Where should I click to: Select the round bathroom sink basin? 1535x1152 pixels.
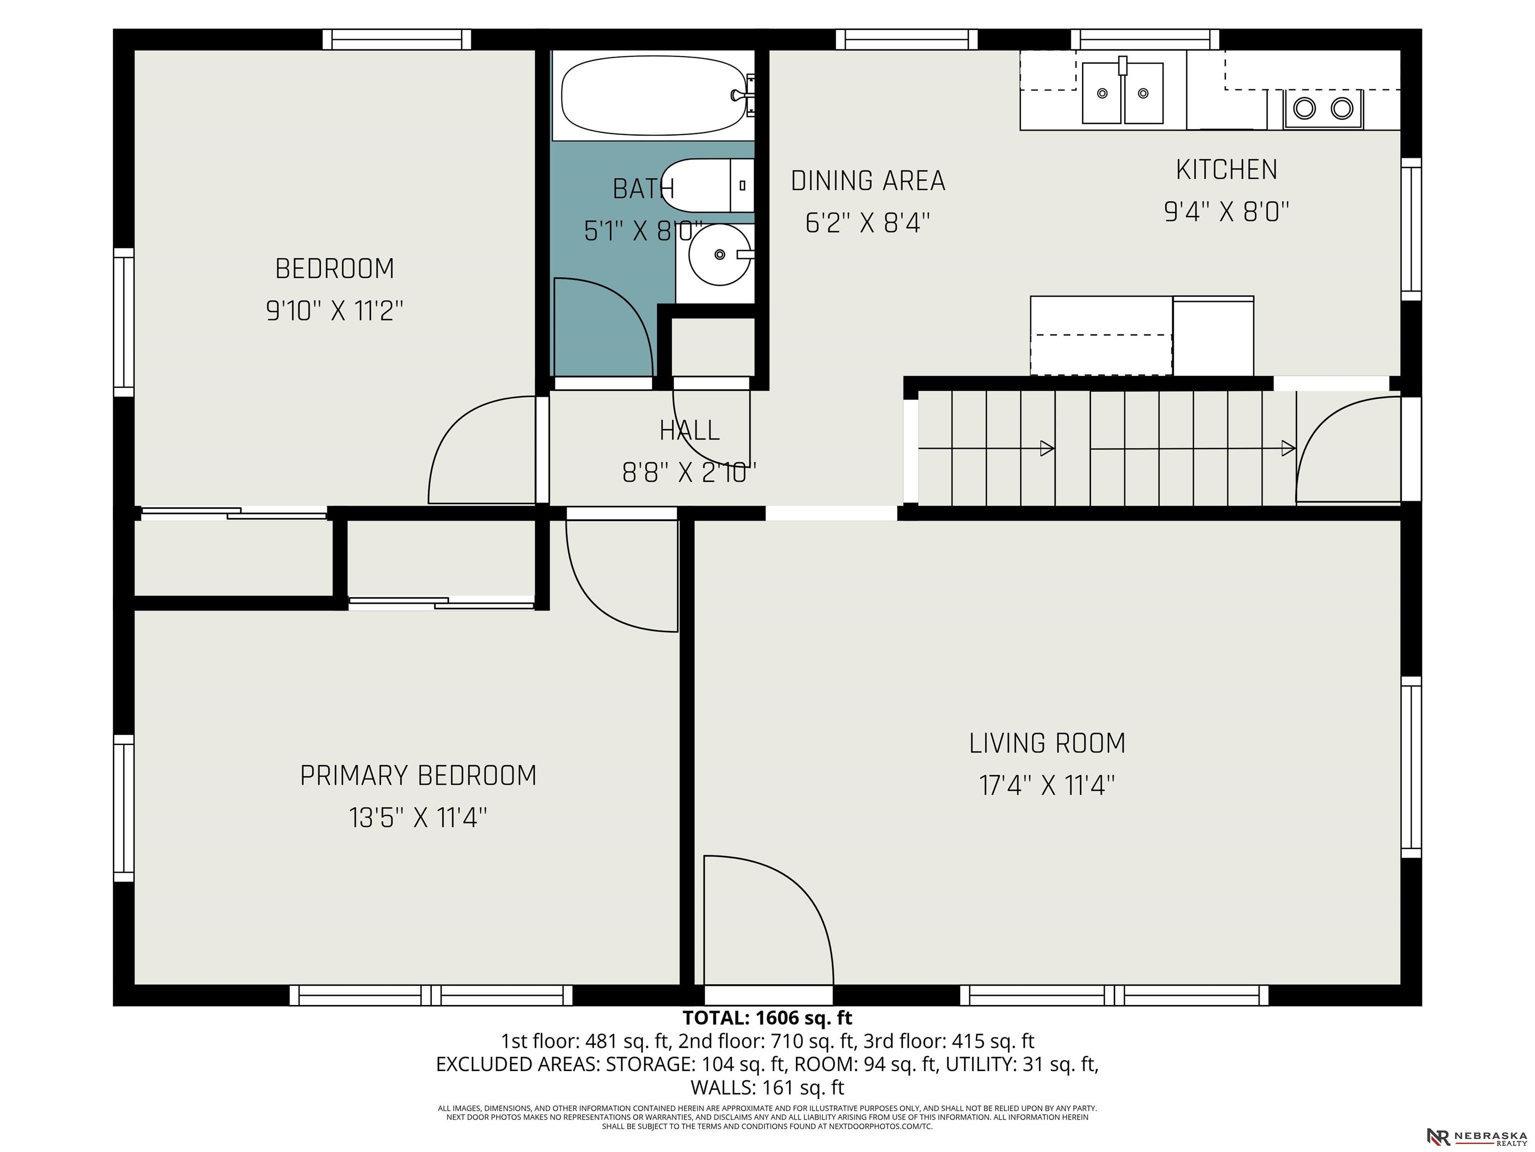pyautogui.click(x=720, y=255)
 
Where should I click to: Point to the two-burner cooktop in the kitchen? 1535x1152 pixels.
pyautogui.click(x=1323, y=109)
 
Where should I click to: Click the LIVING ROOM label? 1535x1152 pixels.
pyautogui.click(x=1047, y=743)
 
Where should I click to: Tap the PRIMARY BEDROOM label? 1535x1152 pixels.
pyautogui.click(x=418, y=775)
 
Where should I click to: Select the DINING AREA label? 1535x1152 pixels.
pyautogui.click(x=868, y=181)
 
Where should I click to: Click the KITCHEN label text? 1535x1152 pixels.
pyautogui.click(x=1226, y=170)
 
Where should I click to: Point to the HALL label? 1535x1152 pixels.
pyautogui.click(x=689, y=430)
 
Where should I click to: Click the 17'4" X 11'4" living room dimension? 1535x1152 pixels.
pyautogui.click(x=1047, y=786)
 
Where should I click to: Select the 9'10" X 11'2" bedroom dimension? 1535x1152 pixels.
pyautogui.click(x=334, y=310)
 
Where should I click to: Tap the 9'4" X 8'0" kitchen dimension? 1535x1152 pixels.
pyautogui.click(x=1226, y=211)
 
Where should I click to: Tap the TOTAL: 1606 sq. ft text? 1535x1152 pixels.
pyautogui.click(x=767, y=1018)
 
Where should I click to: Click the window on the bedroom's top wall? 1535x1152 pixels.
pyautogui.click(x=397, y=39)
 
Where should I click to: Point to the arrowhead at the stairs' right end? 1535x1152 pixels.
pyautogui.click(x=1288, y=448)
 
